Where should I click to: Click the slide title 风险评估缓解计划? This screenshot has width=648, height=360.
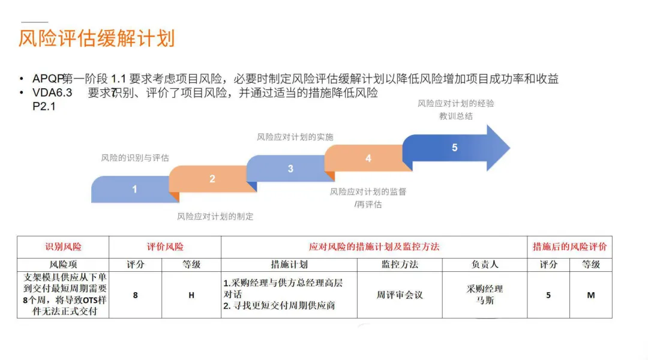97,38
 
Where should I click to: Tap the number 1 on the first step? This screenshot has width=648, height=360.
134,189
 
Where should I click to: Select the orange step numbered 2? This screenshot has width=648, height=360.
212,179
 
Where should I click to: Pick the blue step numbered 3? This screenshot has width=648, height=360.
290,169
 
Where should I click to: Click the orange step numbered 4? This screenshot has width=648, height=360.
368,158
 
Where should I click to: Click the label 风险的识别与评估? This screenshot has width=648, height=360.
135,158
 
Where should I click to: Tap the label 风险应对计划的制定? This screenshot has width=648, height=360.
215,216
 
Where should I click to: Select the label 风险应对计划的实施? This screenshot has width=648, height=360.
295,137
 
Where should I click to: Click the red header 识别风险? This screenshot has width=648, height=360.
63,247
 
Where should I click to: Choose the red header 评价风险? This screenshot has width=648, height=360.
165,247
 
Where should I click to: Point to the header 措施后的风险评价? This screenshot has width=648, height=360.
569,247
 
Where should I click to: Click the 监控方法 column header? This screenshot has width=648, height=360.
400,264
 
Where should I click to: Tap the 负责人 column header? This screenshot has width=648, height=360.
485,264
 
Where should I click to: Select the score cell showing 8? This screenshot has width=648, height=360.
136,295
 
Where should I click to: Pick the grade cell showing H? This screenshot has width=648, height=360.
191,295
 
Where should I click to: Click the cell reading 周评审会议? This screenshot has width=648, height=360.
400,295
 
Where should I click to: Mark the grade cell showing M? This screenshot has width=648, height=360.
591,295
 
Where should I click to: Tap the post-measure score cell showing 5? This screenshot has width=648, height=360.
548,295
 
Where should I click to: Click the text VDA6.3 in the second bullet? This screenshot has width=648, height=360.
53,93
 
